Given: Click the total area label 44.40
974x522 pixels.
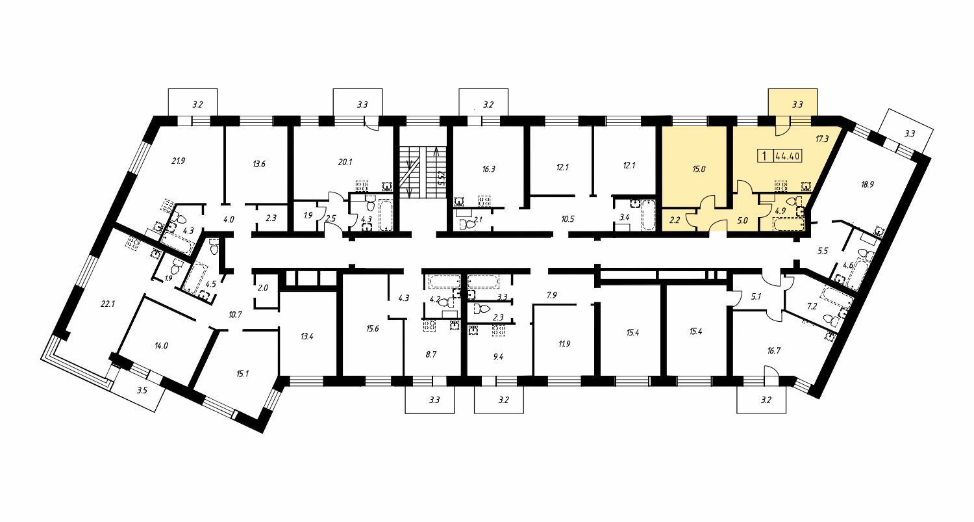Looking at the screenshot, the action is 788,156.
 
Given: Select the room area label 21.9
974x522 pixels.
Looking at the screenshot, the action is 179,161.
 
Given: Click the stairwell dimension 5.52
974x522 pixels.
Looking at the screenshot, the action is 442,178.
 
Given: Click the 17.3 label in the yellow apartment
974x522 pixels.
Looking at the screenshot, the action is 822,139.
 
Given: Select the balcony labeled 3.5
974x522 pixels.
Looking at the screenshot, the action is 142,391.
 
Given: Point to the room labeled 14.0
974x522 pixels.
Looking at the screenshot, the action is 161,346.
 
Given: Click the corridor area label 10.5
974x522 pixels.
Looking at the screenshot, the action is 568,219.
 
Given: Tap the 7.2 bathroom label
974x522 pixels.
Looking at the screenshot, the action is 812,306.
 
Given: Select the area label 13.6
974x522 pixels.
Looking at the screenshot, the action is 258,164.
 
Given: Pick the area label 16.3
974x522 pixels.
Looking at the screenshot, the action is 488,169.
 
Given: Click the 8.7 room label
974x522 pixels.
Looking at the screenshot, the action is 431,354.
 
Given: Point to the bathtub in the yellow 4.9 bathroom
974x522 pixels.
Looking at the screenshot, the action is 788,224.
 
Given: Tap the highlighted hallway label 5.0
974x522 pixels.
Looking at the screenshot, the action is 743,221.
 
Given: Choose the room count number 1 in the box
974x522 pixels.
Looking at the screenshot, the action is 764,156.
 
